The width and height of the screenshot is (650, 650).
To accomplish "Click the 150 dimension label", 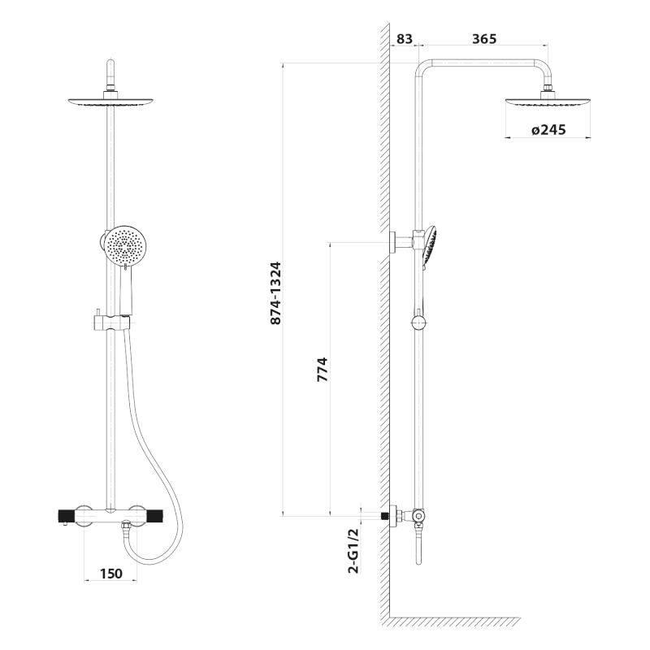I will (x=110, y=574).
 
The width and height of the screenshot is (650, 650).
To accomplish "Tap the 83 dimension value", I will (x=405, y=38).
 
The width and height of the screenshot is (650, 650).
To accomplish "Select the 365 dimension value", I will (x=483, y=38).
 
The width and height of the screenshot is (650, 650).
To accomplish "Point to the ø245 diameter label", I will (x=548, y=129).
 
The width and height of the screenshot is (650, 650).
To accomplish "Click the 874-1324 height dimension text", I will (x=275, y=293).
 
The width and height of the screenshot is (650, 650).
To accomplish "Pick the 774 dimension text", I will (x=323, y=375).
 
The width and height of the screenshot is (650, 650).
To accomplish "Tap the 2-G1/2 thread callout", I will (x=353, y=551).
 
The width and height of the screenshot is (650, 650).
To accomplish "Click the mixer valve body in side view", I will (x=417, y=515).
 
